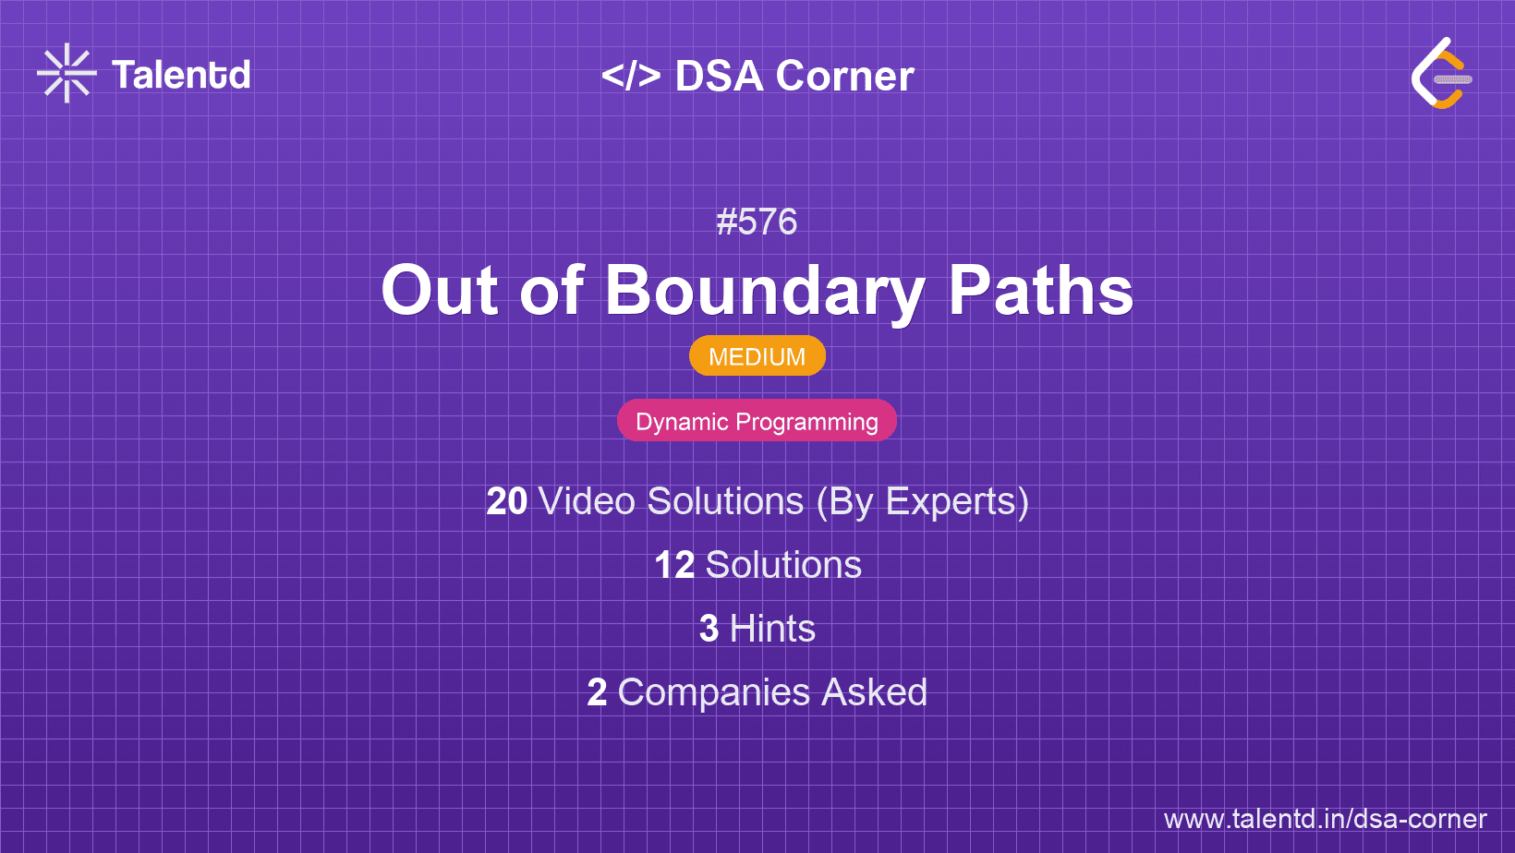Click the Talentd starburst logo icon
click(67, 74)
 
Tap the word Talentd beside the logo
click(181, 75)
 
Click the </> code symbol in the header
click(631, 76)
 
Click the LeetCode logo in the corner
click(1441, 74)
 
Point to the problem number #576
click(757, 222)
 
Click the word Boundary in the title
click(765, 291)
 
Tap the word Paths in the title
click(1041, 291)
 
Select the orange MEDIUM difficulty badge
click(757, 356)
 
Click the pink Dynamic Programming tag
click(757, 421)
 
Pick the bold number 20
click(507, 501)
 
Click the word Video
click(587, 501)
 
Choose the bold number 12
click(674, 565)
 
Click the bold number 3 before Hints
click(709, 629)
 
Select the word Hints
click(772, 629)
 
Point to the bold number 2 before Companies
click(597, 692)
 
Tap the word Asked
click(874, 692)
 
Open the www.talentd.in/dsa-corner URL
click(1325, 819)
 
